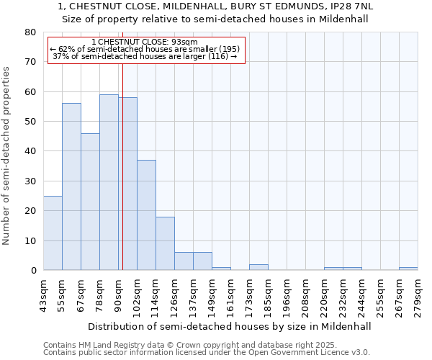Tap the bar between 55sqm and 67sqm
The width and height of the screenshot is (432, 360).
(x=71, y=186)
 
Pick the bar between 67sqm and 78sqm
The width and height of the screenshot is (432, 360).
(x=90, y=202)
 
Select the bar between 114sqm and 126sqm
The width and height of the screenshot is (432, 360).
(x=165, y=243)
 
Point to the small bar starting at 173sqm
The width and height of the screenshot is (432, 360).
(x=258, y=267)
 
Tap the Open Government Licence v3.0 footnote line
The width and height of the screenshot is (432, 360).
(x=207, y=353)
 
